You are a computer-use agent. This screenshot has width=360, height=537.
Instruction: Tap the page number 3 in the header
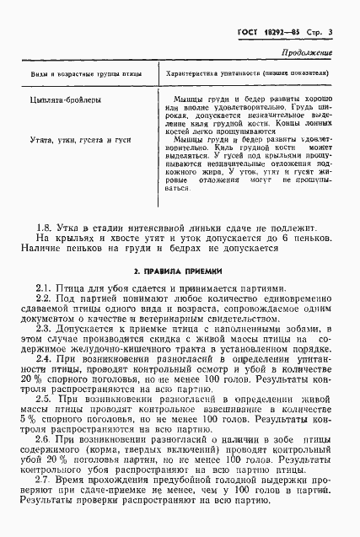coord(331,33)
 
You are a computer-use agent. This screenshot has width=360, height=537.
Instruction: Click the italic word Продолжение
coord(311,53)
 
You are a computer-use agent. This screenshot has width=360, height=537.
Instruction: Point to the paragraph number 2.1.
coord(46,288)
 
